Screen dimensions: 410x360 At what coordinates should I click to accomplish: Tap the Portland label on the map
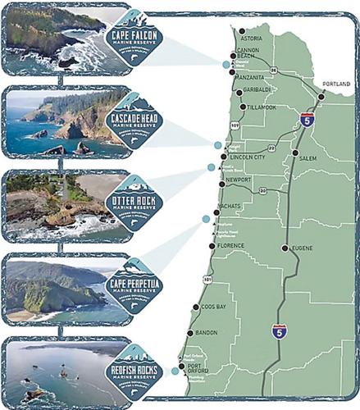click(x=335, y=84)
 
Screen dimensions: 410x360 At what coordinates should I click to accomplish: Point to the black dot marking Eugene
click(x=285, y=248)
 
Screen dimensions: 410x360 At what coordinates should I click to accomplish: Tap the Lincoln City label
click(x=248, y=156)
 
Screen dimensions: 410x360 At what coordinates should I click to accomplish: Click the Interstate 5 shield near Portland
click(x=306, y=121)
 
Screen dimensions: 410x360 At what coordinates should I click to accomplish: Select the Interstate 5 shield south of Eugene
click(x=279, y=332)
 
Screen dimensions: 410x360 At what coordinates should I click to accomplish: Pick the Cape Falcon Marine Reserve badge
click(x=135, y=35)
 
